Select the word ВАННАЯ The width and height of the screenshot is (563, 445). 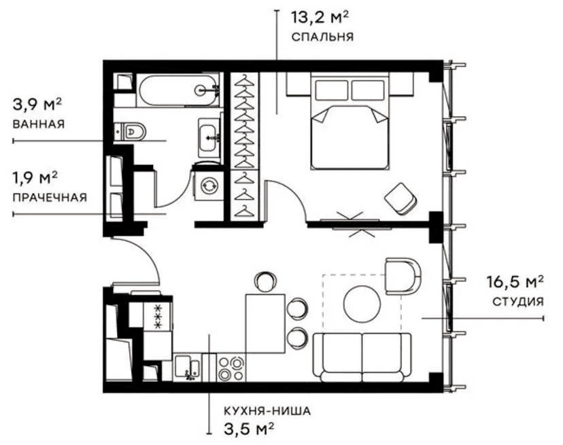pos(39,124)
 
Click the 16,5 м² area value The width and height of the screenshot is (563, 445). pos(514,281)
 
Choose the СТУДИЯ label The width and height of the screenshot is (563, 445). pos(516,301)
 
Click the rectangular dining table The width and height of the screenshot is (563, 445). pos(265,323)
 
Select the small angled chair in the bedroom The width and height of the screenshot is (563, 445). pos(399,198)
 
